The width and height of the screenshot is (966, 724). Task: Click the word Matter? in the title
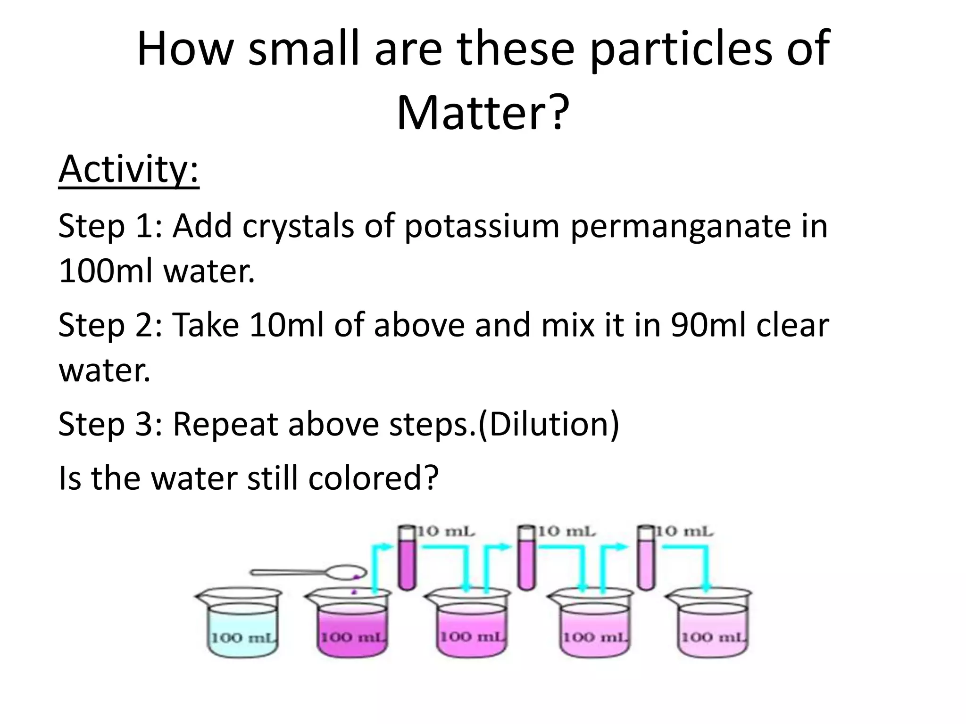483,113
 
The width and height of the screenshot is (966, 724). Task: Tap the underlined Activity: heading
129,170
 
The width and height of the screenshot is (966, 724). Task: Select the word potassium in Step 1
481,226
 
